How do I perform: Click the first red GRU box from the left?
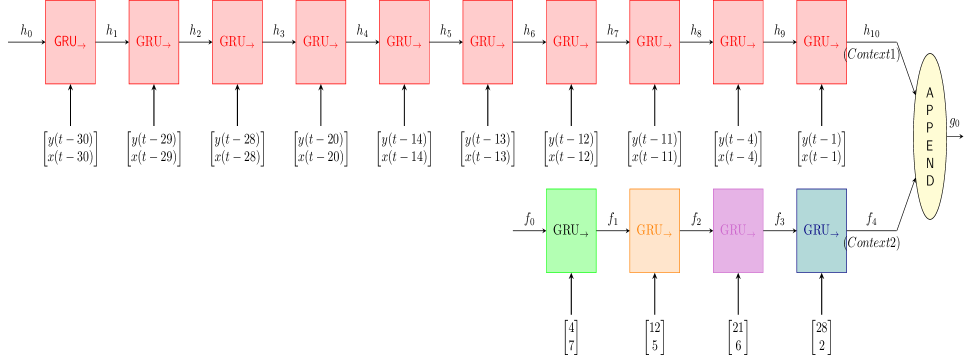coord(70,42)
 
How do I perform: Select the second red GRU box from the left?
coord(154,42)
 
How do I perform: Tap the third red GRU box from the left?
coord(237,42)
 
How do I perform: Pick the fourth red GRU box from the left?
coord(321,42)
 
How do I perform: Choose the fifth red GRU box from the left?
coord(404,42)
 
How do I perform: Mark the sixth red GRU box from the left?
coord(487,42)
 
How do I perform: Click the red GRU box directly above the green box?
coord(571,42)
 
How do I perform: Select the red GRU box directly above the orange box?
coord(654,42)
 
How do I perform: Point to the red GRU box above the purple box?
coord(738,42)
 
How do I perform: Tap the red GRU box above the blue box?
coord(821,42)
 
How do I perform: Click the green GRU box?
coord(571,230)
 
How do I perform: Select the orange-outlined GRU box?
coord(654,230)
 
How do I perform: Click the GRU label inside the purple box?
coord(737,231)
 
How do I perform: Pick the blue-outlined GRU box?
coord(821,230)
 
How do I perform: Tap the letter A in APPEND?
coord(930,93)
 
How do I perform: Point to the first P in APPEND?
coord(930,111)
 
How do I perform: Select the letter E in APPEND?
coord(930,146)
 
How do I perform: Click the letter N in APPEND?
coord(930,164)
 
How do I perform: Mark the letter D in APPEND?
coord(930,181)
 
